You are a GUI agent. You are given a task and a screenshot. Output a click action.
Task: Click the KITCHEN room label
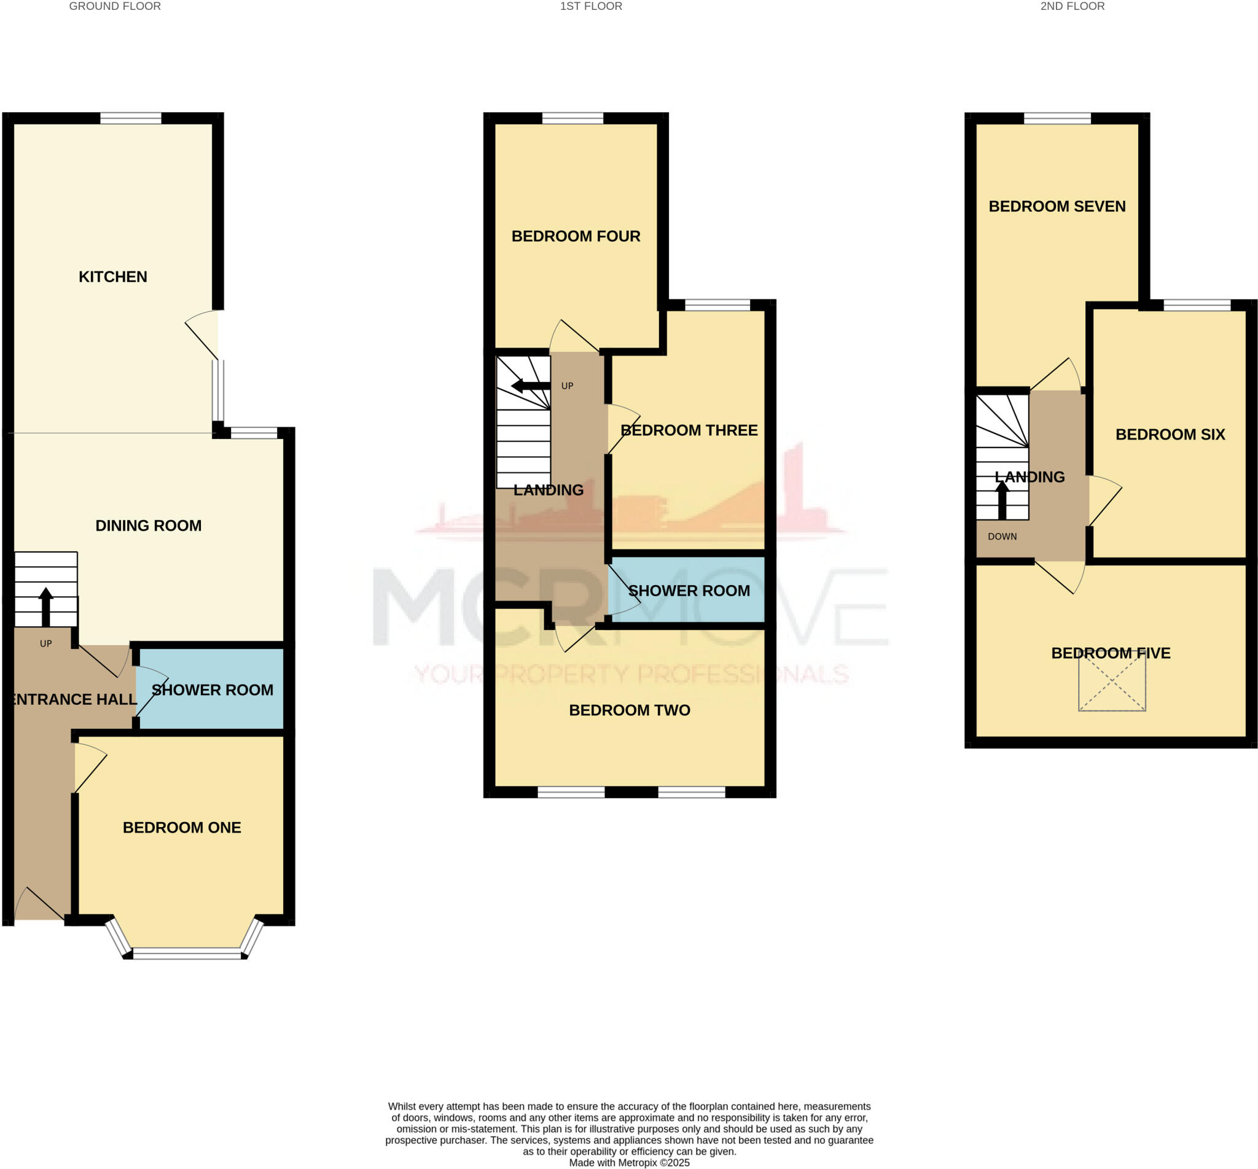(x=112, y=276)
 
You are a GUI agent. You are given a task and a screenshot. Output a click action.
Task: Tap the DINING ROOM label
(x=148, y=526)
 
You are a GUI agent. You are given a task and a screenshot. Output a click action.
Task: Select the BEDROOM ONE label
(x=182, y=828)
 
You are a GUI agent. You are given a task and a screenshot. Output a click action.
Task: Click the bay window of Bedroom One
(x=187, y=953)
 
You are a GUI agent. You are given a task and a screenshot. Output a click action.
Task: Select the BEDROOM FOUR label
(x=576, y=236)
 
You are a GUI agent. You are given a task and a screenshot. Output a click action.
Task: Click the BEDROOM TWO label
(x=629, y=710)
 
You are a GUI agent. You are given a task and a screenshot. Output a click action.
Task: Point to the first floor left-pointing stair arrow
(x=529, y=386)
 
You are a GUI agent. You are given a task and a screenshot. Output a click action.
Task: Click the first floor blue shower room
(x=689, y=590)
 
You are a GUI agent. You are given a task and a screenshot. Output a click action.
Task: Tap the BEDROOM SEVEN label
(x=1057, y=206)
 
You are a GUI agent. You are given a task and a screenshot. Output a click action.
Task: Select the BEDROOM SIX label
(x=1170, y=435)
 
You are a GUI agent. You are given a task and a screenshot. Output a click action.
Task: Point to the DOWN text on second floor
(x=1002, y=537)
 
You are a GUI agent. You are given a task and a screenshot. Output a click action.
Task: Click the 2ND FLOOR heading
(x=1072, y=6)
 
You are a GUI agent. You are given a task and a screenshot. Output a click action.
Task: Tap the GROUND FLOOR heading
(x=114, y=6)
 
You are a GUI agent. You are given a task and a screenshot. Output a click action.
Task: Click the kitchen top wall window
(x=130, y=118)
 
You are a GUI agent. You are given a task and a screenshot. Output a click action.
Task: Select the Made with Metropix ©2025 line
(x=629, y=1163)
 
